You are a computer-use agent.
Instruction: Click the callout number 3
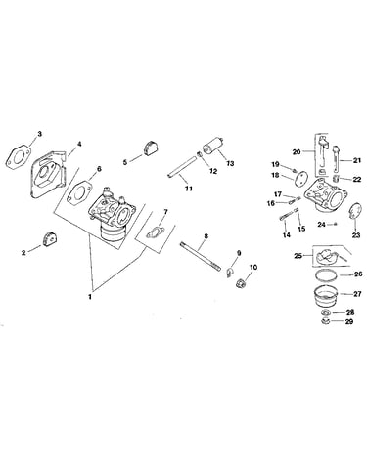39,134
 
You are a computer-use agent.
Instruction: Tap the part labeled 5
151,149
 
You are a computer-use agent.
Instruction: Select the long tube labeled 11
183,166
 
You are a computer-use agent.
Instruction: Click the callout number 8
206,235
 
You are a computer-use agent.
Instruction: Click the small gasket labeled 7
155,232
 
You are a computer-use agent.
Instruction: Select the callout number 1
90,297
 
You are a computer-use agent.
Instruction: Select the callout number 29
349,321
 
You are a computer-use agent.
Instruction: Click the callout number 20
297,152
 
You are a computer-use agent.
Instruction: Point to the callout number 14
287,235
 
